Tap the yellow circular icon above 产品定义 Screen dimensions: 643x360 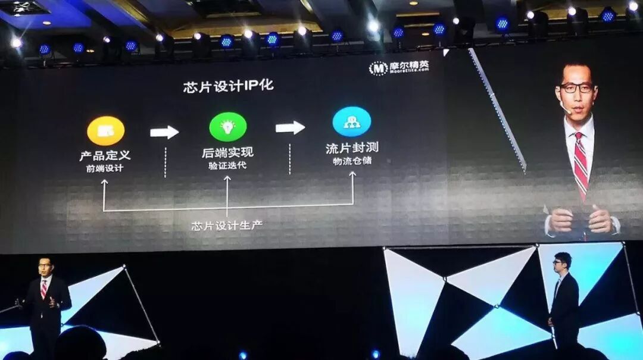[105, 131]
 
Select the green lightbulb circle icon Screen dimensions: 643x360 [227, 127]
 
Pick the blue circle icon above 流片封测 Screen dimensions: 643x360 [351, 121]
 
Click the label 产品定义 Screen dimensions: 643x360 [105, 156]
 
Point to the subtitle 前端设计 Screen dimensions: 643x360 [105, 168]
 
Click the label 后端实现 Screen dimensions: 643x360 [227, 154]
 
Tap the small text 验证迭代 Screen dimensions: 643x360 [227, 165]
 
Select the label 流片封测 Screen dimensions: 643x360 [352, 148]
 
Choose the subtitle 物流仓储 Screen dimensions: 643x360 [352, 160]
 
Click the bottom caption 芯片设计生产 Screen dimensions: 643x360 [227, 226]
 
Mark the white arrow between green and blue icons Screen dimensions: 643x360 [290, 128]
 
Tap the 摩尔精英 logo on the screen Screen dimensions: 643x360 [399, 68]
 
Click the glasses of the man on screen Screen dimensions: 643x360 [576, 87]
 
